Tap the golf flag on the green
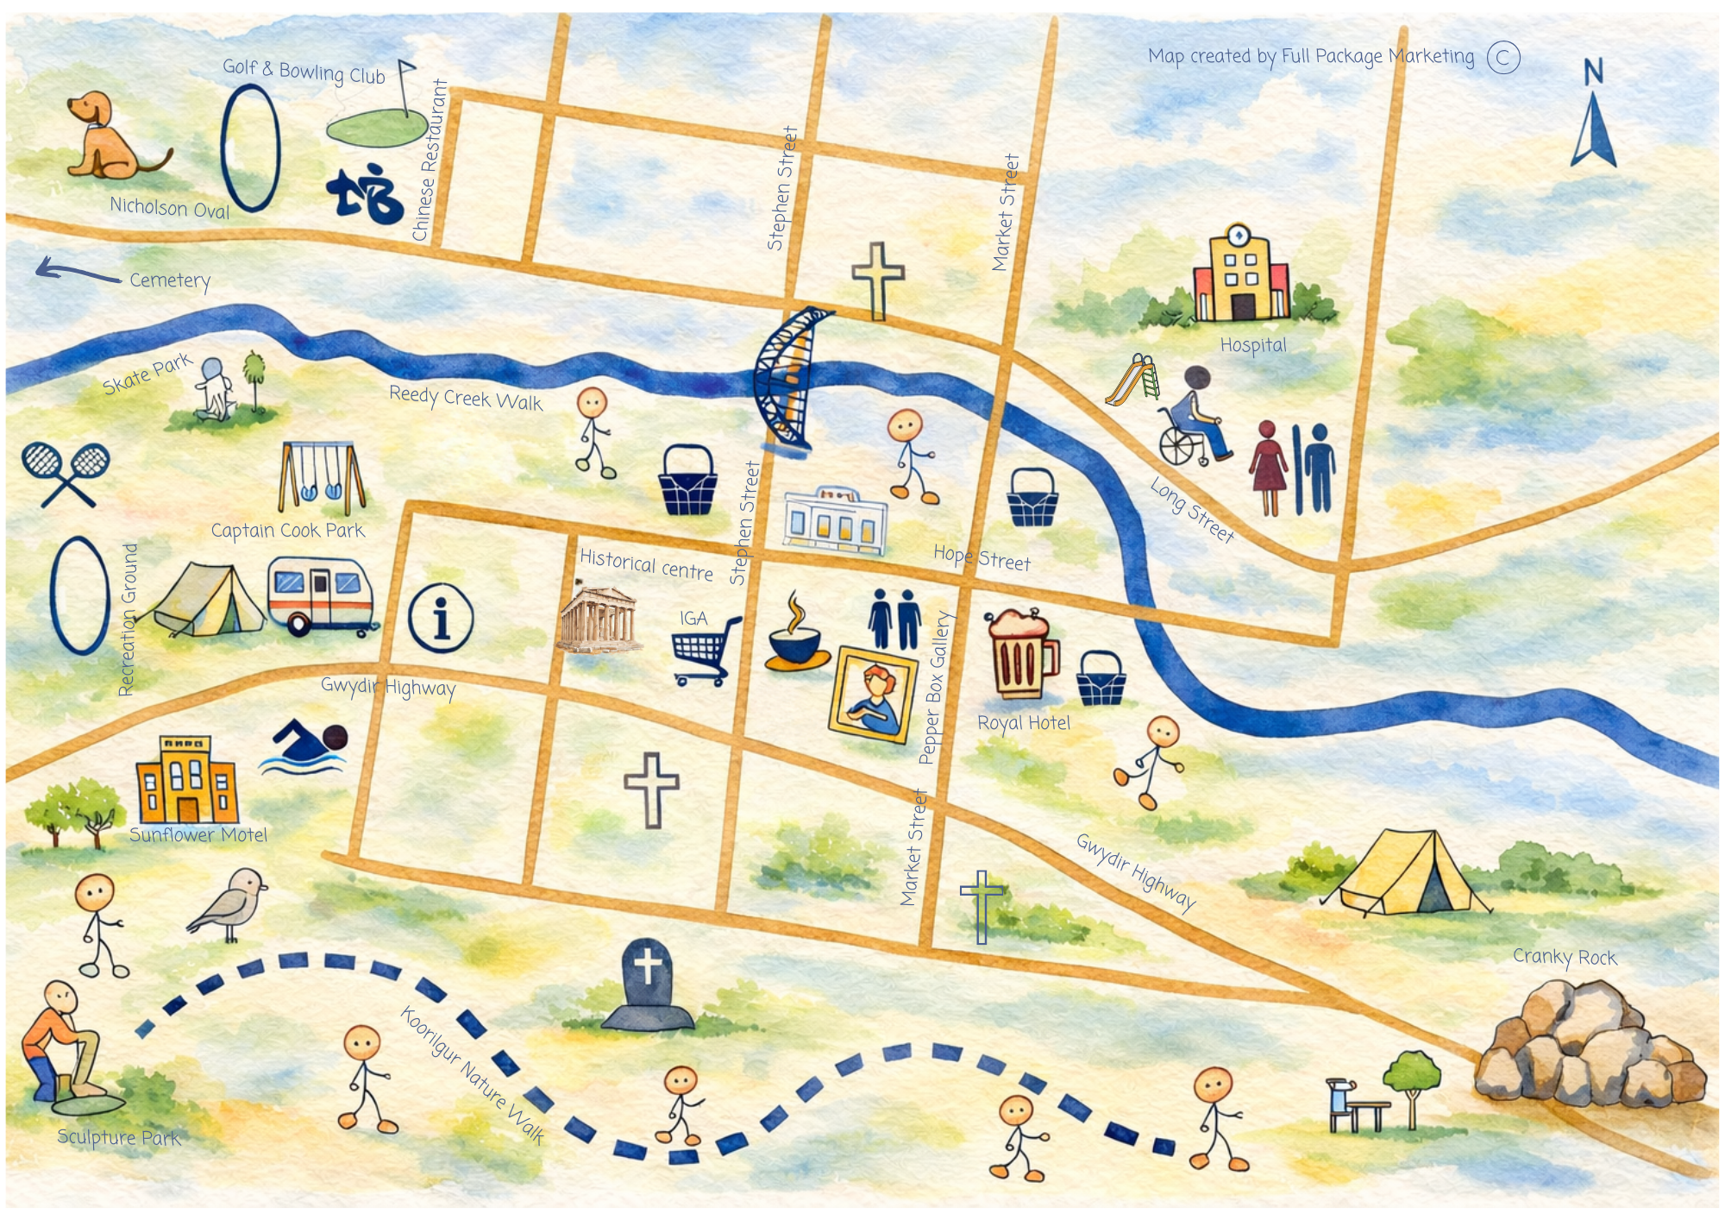click(x=404, y=86)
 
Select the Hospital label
click(x=1252, y=345)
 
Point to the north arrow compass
click(x=1593, y=116)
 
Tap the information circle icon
click(x=441, y=618)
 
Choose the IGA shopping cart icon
click(x=705, y=651)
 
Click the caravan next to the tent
click(x=321, y=595)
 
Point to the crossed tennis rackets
click(x=66, y=473)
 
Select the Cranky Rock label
click(x=1565, y=957)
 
